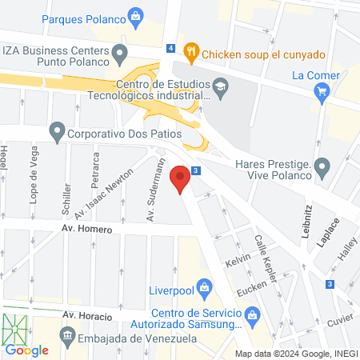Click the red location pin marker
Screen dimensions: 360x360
pyautogui.click(x=182, y=178)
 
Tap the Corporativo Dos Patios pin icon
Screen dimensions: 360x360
pyautogui.click(x=57, y=130)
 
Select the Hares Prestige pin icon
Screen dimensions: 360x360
pyautogui.click(x=322, y=169)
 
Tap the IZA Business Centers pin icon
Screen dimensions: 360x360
pyautogui.click(x=121, y=55)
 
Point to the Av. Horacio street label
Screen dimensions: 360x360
pyautogui.click(x=86, y=314)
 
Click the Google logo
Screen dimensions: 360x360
pyautogui.click(x=27, y=350)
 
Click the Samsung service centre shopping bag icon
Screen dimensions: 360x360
pyautogui.click(x=254, y=315)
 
